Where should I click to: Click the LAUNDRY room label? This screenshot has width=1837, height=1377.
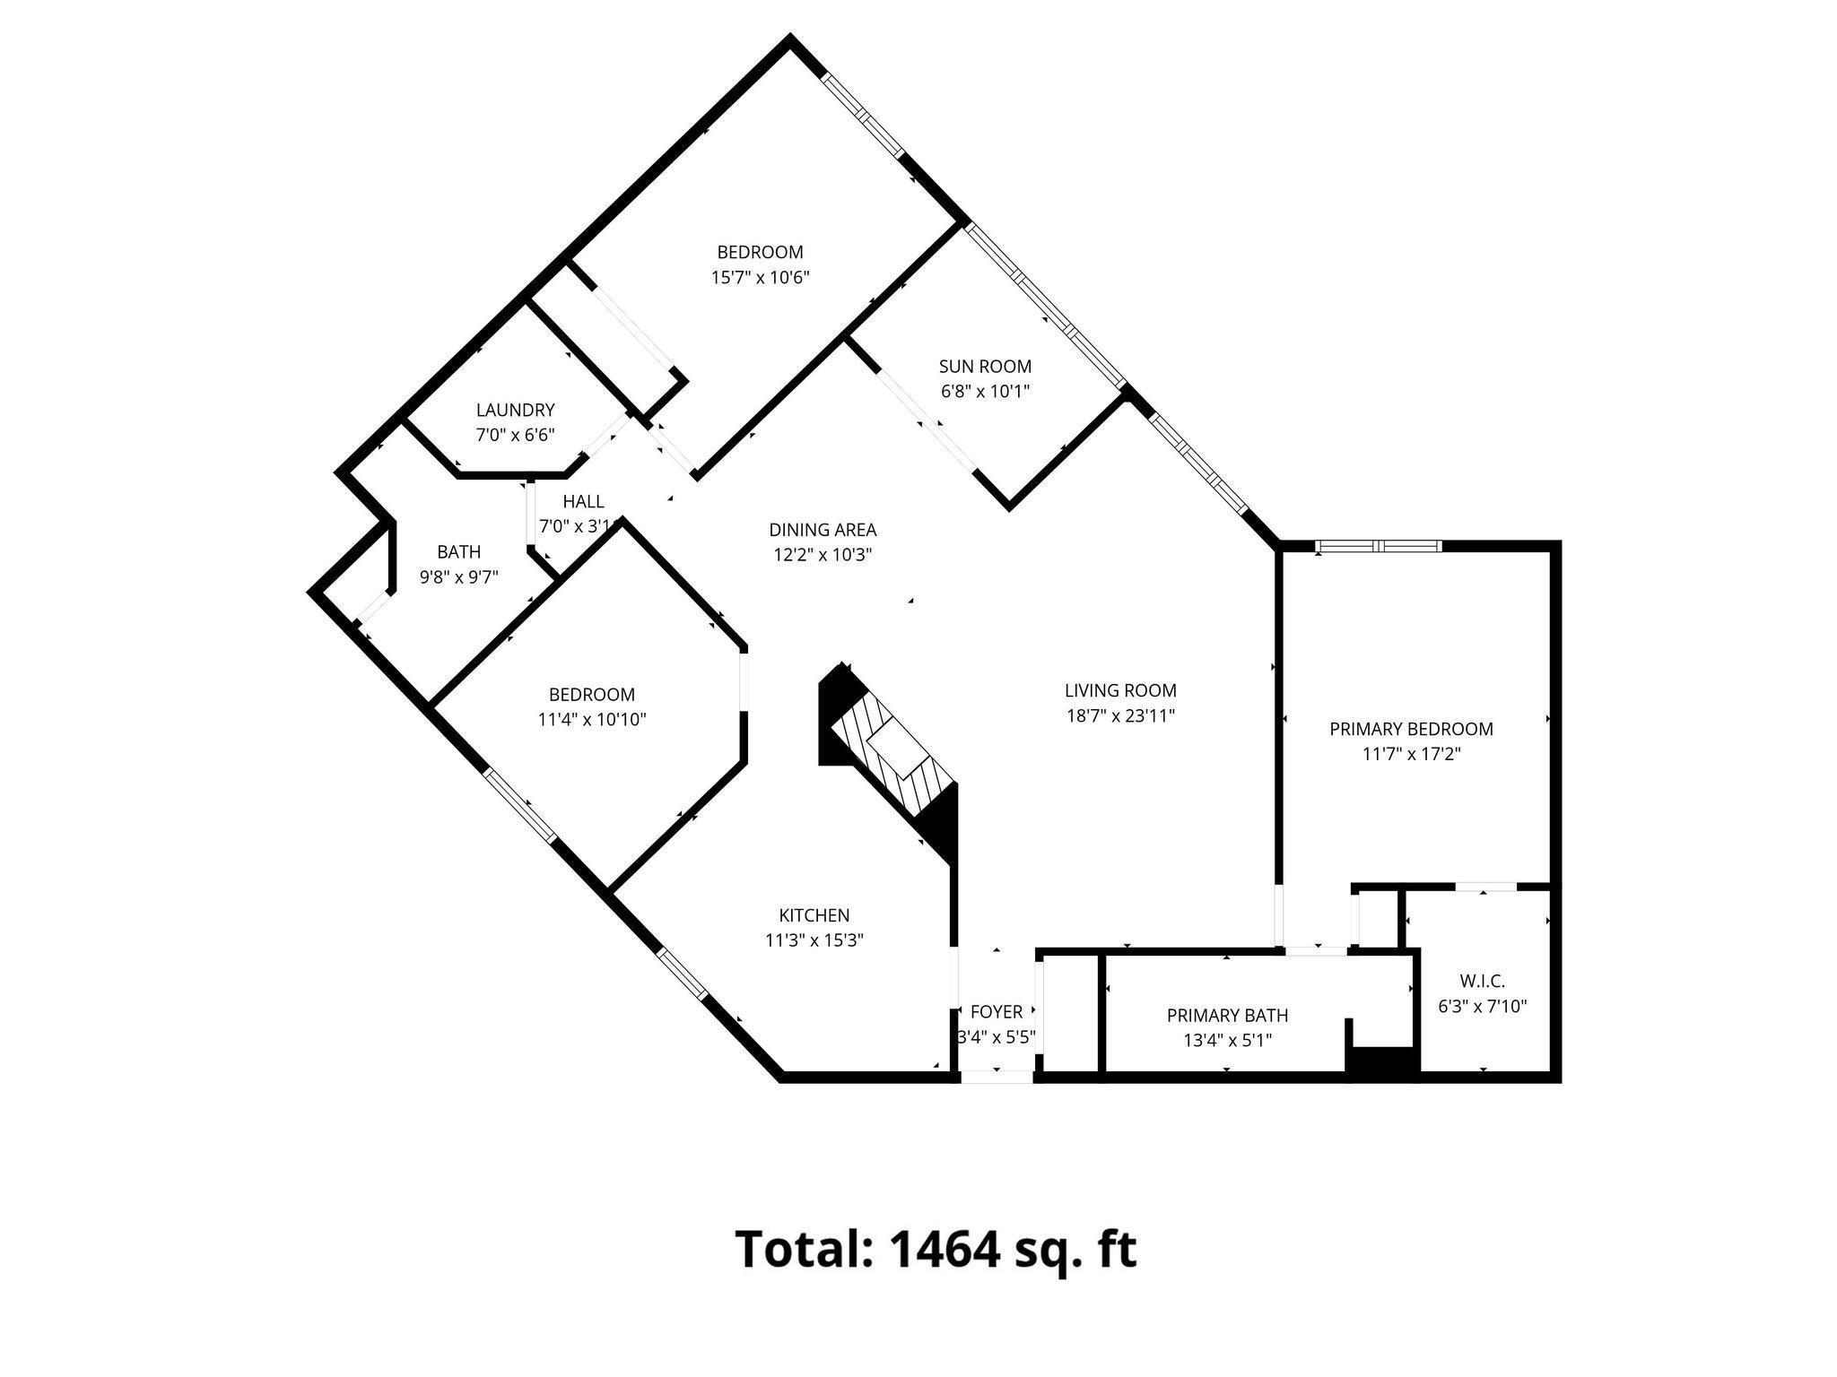pos(515,411)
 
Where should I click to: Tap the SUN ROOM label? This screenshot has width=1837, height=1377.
pos(985,367)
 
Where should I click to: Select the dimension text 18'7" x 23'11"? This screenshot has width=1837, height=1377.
pos(1120,715)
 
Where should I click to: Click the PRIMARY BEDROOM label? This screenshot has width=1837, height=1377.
pos(1411,730)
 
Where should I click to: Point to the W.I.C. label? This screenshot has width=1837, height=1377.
pos(1482,982)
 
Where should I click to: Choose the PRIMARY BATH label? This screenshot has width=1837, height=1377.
pos(1227,1016)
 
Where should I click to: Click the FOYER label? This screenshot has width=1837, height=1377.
pos(997,1012)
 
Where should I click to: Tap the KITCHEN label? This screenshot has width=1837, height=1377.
pos(814,915)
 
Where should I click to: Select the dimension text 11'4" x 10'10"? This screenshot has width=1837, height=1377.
pos(592,719)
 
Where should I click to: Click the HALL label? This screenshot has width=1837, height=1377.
pos(583,501)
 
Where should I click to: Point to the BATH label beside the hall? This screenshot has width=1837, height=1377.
pos(458,552)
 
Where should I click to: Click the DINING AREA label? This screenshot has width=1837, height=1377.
pos(823,530)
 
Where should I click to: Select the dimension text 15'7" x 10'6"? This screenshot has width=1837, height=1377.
pos(760,278)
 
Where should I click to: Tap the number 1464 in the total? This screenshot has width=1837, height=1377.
pos(945,1248)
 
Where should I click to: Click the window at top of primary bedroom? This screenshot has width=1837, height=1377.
pos(1379,546)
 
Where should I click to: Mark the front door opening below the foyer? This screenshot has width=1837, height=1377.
pos(997,1077)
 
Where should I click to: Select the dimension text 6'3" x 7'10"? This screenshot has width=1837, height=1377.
pos(1482,1007)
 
